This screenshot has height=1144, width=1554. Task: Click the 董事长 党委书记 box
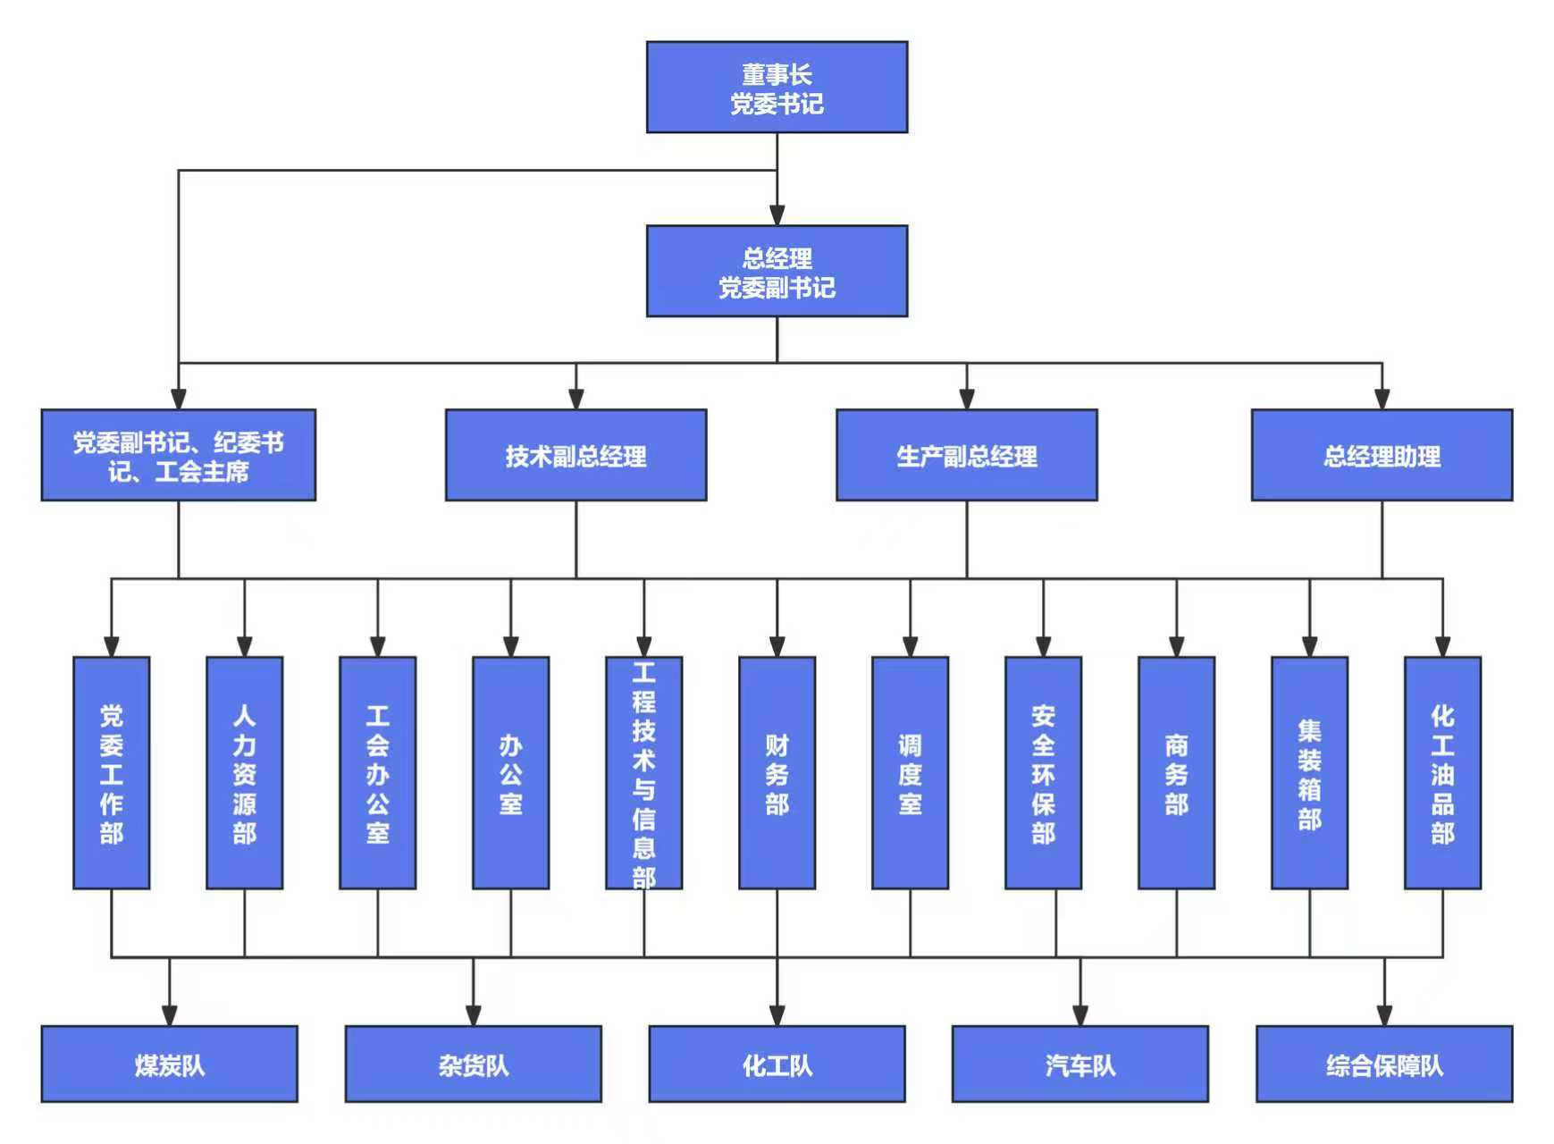tap(777, 88)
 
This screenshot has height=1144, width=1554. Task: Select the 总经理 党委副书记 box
tap(777, 271)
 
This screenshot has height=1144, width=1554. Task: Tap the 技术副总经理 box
tap(575, 455)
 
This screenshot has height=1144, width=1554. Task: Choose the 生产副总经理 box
tap(966, 455)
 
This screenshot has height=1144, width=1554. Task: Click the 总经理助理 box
tap(1382, 455)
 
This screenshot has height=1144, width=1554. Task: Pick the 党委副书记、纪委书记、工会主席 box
tap(178, 455)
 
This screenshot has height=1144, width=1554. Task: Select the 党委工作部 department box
tap(111, 773)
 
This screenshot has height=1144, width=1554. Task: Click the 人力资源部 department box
tap(244, 773)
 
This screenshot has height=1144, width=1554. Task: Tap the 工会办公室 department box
tap(377, 773)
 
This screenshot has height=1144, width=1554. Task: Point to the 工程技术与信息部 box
tap(643, 773)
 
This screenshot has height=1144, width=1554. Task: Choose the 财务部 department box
tap(777, 773)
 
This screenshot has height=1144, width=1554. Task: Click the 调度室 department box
tap(910, 773)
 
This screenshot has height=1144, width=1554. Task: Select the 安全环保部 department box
tap(1043, 773)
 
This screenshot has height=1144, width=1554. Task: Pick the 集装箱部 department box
tap(1309, 773)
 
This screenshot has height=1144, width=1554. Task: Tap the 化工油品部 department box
tap(1442, 773)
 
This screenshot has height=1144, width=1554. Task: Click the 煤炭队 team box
tap(169, 1064)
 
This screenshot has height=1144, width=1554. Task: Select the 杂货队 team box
tap(473, 1064)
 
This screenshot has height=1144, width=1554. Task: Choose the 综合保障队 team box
tap(1384, 1064)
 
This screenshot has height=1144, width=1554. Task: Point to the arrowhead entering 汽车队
tap(1079, 1016)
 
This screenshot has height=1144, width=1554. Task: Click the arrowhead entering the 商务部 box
tap(1176, 647)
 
